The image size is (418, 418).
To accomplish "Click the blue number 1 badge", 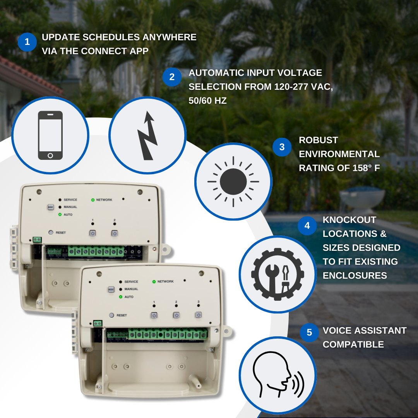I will [27, 42].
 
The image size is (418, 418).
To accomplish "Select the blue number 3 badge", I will [282, 147].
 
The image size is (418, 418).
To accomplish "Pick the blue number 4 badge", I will [307, 226].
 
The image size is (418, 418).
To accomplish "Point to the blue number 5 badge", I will [309, 333].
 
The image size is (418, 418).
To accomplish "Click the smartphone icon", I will [50, 135].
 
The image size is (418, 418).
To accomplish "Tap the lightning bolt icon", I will [147, 135].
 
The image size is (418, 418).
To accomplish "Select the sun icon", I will [233, 181].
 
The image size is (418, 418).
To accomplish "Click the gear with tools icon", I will [277, 274].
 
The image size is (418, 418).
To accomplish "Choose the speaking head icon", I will [277, 375].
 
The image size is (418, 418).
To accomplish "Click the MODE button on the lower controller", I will [111, 289].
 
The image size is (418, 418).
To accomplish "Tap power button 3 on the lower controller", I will [198, 315].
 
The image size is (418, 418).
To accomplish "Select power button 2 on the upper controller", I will [115, 233].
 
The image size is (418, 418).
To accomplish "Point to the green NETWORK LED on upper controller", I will [93, 200].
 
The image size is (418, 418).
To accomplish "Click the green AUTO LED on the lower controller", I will [121, 296].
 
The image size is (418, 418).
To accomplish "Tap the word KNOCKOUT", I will [349, 220].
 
